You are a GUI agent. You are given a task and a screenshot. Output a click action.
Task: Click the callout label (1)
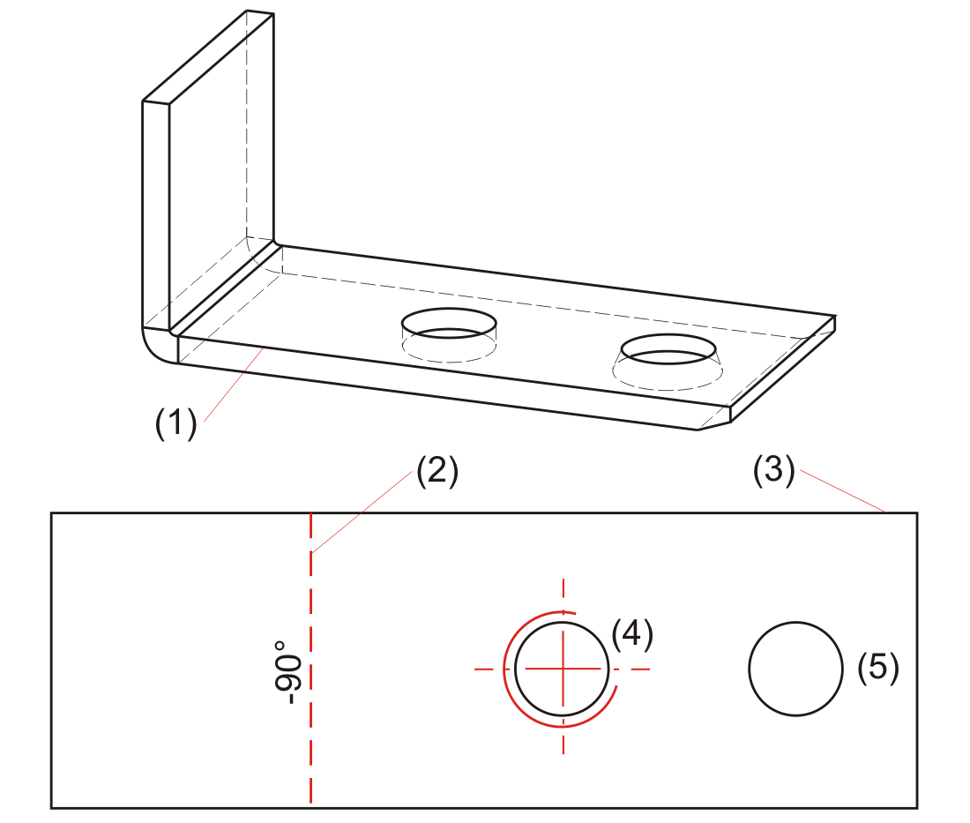(175, 424)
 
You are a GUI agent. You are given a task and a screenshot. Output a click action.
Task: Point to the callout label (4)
(632, 634)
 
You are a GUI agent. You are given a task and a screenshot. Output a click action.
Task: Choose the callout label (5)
(878, 668)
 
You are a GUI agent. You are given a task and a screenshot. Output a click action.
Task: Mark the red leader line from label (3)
(841, 495)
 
